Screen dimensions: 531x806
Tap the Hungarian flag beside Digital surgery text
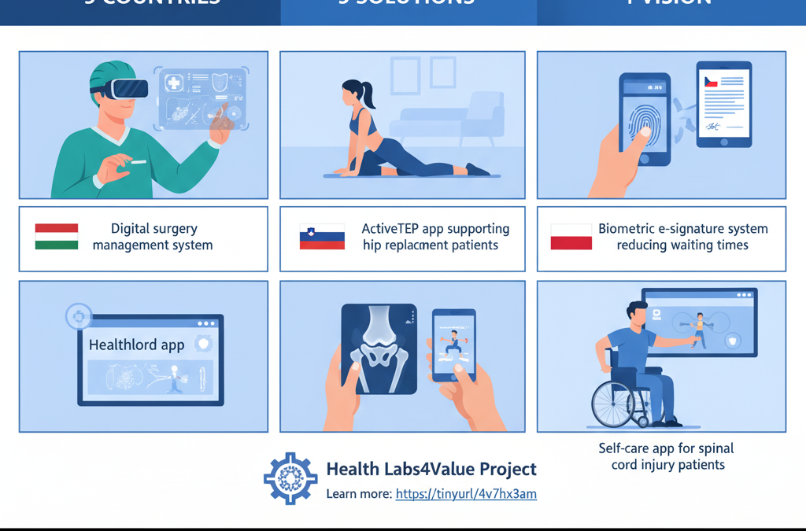(x=57, y=237)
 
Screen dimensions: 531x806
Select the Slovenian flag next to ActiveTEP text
(x=322, y=237)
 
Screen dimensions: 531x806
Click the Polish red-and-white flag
(x=571, y=237)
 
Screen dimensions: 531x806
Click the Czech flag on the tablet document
(x=711, y=82)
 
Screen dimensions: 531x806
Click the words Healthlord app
(x=136, y=345)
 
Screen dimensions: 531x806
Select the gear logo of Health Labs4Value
(x=290, y=478)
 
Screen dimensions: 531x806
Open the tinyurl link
(x=466, y=495)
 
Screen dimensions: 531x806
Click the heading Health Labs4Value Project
(x=431, y=470)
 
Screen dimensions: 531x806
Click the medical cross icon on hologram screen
(x=172, y=83)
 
